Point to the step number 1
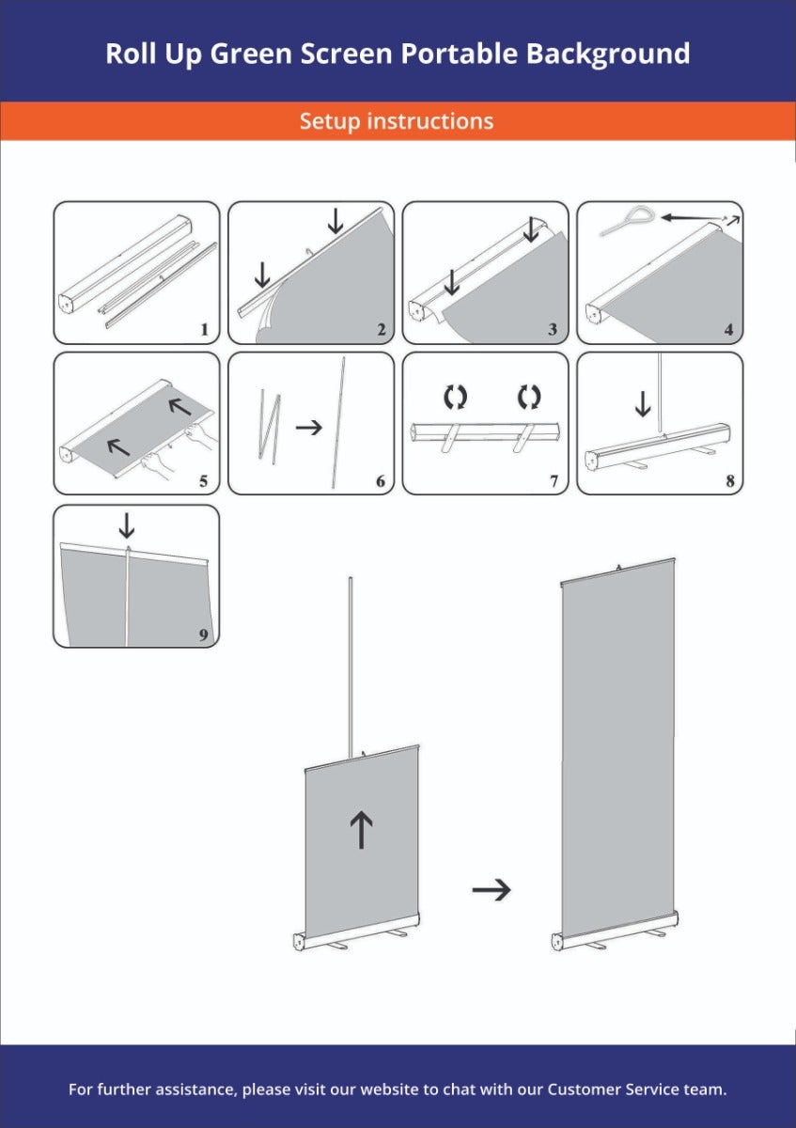205,329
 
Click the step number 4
728,329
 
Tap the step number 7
554,481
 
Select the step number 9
203,634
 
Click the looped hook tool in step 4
626,220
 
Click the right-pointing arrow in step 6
308,428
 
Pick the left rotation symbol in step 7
455,397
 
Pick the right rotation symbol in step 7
529,397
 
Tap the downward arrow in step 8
643,404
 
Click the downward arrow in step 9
126,525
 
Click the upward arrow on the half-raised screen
361,829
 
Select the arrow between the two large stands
492,890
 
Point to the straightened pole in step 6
338,422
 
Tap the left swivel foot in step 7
450,438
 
